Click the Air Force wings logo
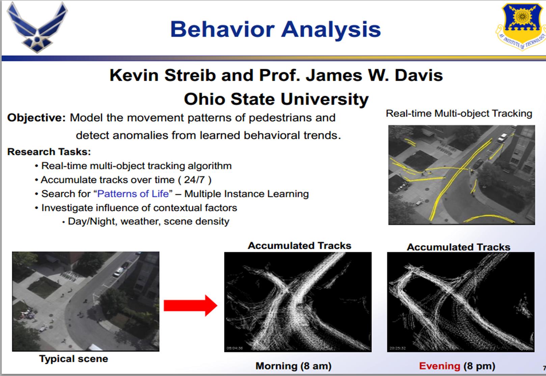click(x=37, y=27)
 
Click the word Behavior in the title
click(x=223, y=29)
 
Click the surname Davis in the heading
click(x=419, y=75)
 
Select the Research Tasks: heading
click(x=49, y=152)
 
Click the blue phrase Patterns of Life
click(x=133, y=194)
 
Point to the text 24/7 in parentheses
click(x=194, y=180)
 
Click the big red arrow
click(x=190, y=305)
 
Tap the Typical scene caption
click(x=74, y=359)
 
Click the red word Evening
click(x=439, y=366)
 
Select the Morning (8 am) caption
click(x=294, y=366)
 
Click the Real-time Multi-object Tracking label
click(x=459, y=114)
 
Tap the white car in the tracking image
click(x=502, y=138)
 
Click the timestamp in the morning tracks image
click(x=235, y=348)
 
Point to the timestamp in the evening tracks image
click(x=398, y=348)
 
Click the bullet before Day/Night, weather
click(x=64, y=222)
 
